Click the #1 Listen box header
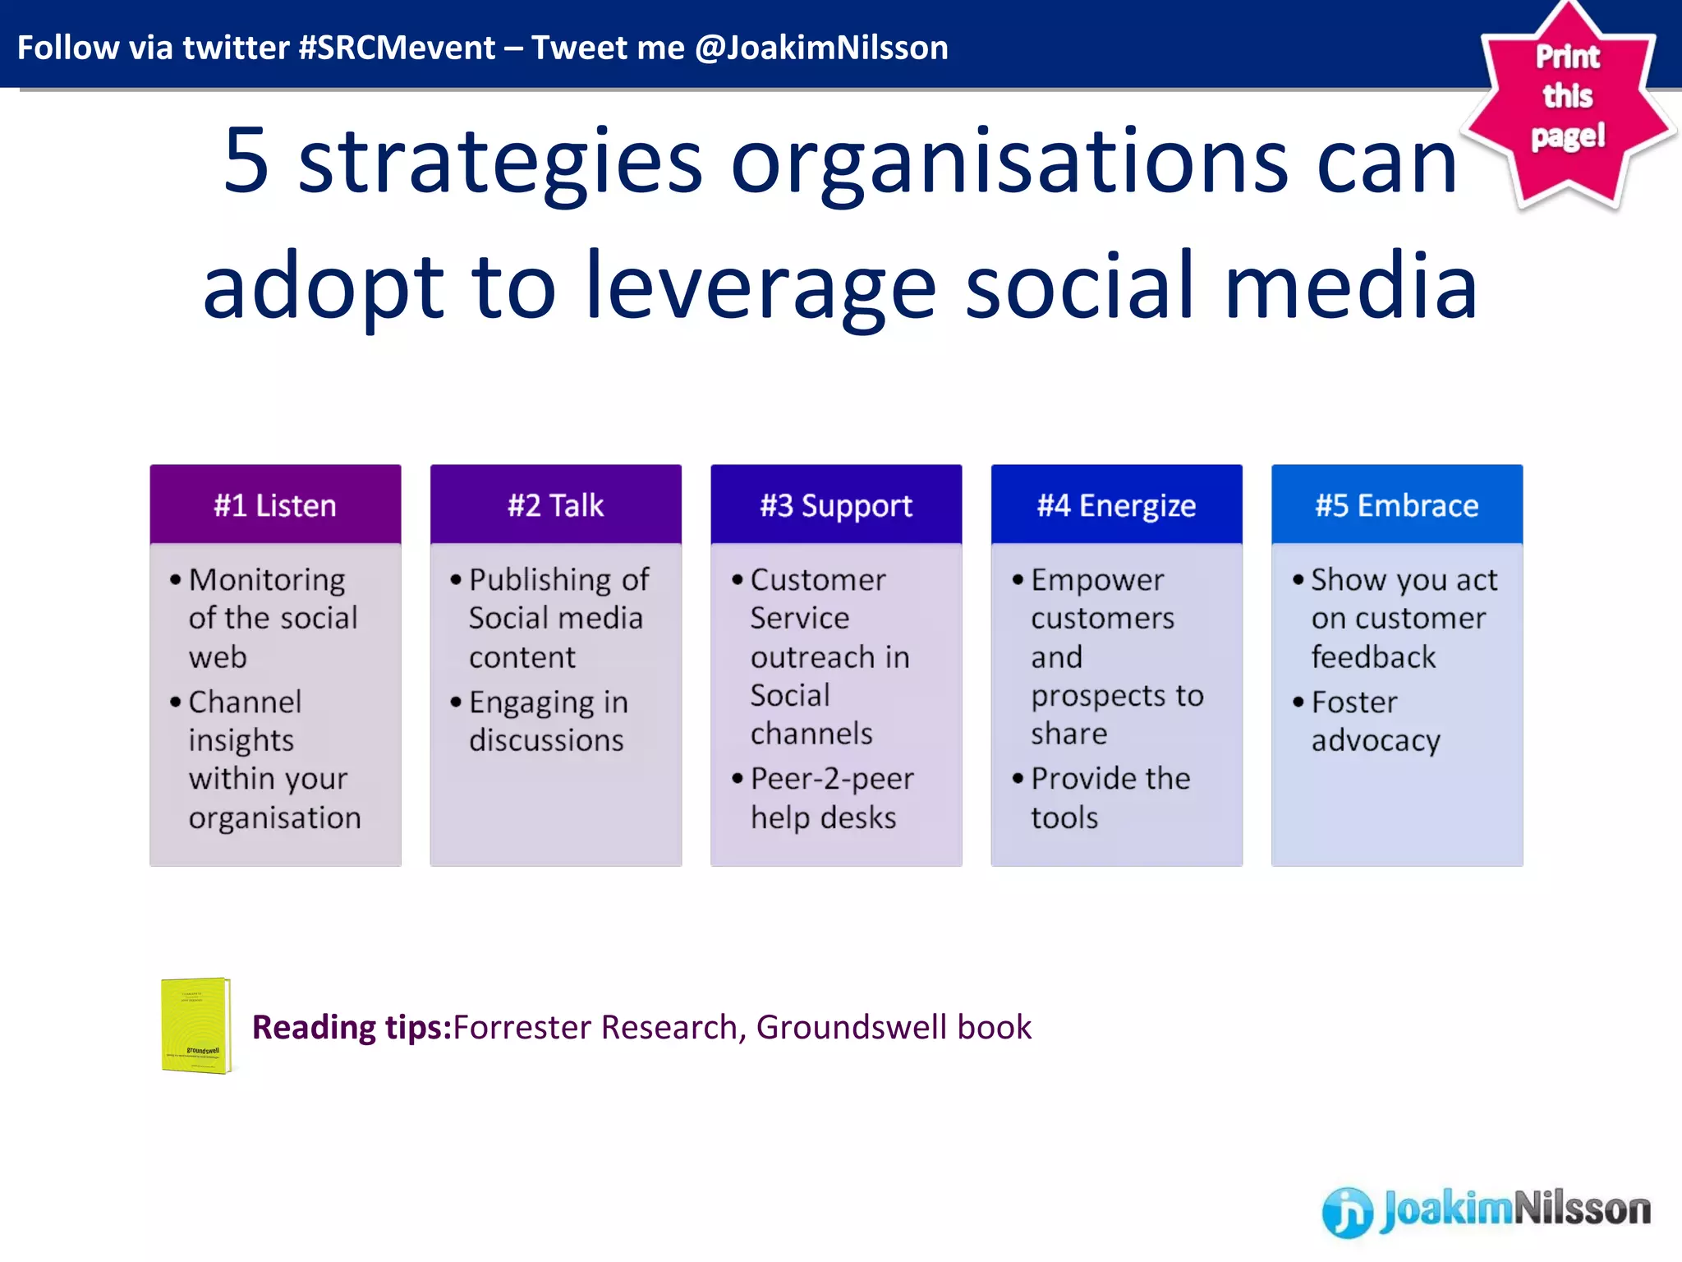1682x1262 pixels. click(x=275, y=505)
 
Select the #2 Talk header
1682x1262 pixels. click(x=555, y=505)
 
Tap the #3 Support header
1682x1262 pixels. click(x=836, y=505)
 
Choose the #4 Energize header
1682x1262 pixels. click(x=1116, y=505)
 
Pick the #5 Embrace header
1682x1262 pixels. click(x=1396, y=505)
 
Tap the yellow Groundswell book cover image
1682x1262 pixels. click(x=195, y=1025)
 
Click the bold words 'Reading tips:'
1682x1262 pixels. click(x=352, y=1027)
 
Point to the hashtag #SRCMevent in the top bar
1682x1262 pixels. click(x=397, y=48)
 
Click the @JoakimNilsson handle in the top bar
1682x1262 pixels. click(x=821, y=48)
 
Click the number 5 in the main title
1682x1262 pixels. click(x=246, y=162)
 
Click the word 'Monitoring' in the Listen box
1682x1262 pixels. click(x=267, y=580)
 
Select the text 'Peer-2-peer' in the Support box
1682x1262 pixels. click(x=831, y=778)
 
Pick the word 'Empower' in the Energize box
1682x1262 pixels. click(x=1097, y=580)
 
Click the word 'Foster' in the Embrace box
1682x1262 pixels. click(x=1353, y=702)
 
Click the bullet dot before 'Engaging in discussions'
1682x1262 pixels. click(x=456, y=702)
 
